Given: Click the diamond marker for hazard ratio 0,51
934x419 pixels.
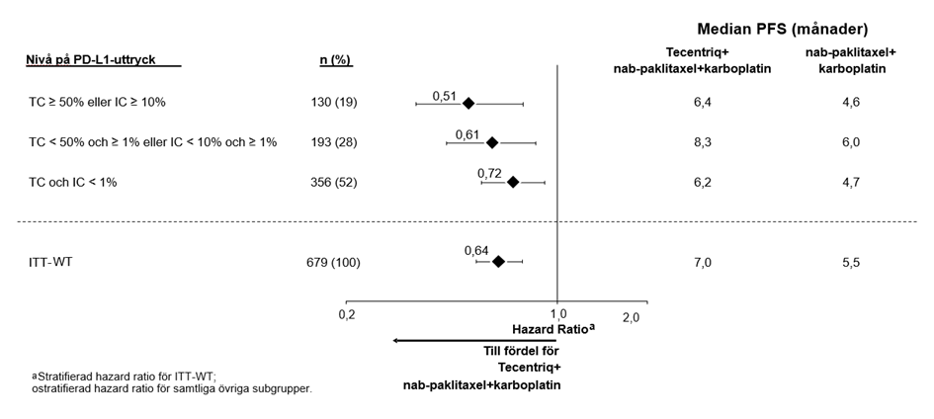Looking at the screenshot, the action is point(468,104).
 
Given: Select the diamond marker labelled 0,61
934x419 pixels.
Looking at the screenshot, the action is point(492,143).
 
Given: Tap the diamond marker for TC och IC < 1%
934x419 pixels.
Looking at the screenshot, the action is point(513,182).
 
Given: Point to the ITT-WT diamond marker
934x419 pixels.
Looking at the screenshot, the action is point(498,261).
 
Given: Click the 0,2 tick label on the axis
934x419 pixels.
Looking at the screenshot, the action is point(347,315).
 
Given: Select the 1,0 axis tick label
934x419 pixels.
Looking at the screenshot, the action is point(557,314).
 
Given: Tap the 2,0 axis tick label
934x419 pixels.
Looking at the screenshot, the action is point(631,318).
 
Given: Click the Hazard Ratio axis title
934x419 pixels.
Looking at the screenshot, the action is point(553,328).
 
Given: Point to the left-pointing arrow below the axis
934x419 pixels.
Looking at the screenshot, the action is point(482,340).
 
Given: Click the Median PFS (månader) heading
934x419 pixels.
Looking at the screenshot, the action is point(782,30).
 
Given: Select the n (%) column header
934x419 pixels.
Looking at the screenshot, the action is point(336,60).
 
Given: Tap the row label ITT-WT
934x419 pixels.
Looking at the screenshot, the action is point(50,262).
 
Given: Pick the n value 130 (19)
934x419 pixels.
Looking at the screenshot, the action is point(334,103).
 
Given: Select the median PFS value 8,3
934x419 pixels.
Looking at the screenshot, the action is point(703,142).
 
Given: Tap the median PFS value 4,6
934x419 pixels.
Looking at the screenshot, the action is point(851,103).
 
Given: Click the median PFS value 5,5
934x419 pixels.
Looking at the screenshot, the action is point(851,263).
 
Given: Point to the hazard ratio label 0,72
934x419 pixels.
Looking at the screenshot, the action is point(489,174).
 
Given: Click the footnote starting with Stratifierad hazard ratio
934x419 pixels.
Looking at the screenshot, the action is point(172,382).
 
